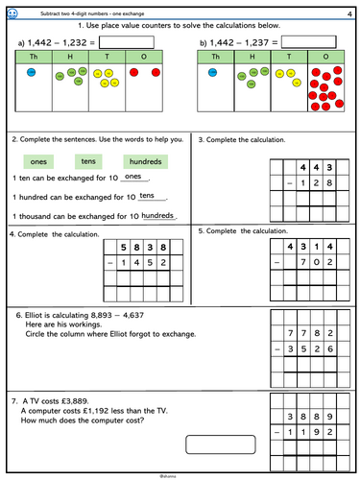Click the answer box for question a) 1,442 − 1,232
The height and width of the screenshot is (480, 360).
tap(126, 42)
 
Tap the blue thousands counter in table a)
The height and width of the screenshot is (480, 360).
tap(32, 73)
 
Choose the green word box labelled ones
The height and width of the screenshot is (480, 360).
tap(39, 160)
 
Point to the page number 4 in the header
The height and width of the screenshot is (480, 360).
tap(348, 11)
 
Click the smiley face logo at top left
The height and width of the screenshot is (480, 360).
tap(10, 11)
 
